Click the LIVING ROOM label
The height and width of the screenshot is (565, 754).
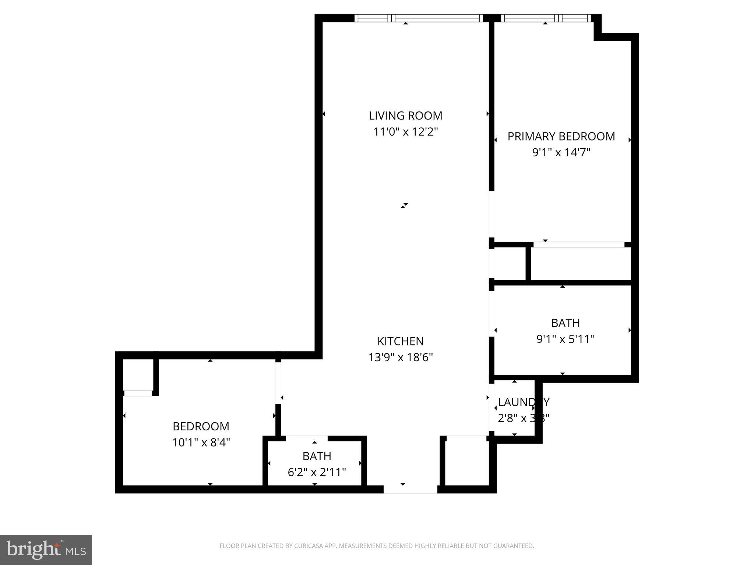(x=405, y=116)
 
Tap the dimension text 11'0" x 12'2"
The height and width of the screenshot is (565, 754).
(x=405, y=132)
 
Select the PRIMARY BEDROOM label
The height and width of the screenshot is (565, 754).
(x=561, y=136)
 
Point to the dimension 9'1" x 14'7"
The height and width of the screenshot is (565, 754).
(x=561, y=152)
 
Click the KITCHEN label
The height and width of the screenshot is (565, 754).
(x=400, y=341)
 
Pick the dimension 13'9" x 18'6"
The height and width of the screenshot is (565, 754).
(x=400, y=357)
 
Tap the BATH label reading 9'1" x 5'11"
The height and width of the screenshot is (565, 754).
(x=565, y=323)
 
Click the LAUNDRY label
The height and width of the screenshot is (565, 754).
(x=523, y=402)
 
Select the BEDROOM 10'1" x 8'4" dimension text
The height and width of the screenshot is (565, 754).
(x=201, y=442)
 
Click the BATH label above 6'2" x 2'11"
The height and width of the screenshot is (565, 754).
(x=317, y=456)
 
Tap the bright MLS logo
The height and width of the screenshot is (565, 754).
(x=46, y=550)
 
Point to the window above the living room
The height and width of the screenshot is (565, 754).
(x=419, y=18)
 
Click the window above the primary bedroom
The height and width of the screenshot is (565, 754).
(x=546, y=18)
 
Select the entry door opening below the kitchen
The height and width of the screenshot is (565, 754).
(x=410, y=489)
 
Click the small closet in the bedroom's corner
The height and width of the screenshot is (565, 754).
(x=138, y=375)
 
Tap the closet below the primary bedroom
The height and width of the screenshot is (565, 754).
(x=581, y=263)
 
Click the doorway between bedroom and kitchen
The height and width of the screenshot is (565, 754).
(x=278, y=383)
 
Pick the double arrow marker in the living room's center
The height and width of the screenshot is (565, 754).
(x=404, y=206)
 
